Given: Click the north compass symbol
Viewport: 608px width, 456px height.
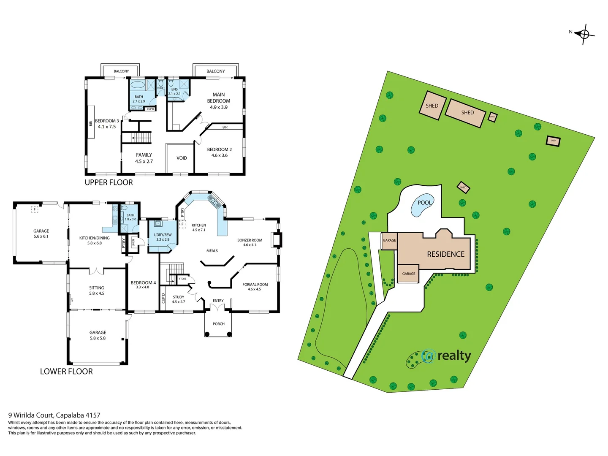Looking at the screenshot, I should [584, 34].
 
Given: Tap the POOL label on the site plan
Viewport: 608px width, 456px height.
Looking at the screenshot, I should [424, 203].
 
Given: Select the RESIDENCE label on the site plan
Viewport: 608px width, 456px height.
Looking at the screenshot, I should [445, 254].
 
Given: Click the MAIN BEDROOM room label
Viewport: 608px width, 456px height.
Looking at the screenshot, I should [219, 100].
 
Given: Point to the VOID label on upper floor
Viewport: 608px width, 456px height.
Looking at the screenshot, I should [182, 158].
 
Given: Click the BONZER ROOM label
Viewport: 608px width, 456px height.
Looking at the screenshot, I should [250, 240].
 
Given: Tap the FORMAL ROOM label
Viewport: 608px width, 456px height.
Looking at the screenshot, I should [255, 285].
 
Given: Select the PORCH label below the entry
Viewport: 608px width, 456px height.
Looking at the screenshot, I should [219, 324].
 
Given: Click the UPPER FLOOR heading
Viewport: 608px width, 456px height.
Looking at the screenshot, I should [109, 182].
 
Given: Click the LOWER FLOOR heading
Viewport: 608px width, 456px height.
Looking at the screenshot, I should [66, 372].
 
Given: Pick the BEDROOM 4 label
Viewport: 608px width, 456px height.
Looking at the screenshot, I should [143, 283].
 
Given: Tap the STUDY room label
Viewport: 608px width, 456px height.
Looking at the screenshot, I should [179, 297].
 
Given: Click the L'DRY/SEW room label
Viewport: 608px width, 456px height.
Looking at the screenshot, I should [163, 235].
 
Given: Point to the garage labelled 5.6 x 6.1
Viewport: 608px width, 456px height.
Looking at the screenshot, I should [41, 233].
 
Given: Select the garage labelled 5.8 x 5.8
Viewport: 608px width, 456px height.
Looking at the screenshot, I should [98, 335].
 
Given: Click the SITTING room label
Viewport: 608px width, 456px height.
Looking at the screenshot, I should [97, 288].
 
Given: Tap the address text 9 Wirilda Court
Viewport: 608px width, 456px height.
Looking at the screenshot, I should [54, 415].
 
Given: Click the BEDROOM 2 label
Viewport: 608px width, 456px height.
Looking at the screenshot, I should [219, 149].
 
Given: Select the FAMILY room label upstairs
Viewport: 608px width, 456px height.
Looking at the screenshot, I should [144, 155].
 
